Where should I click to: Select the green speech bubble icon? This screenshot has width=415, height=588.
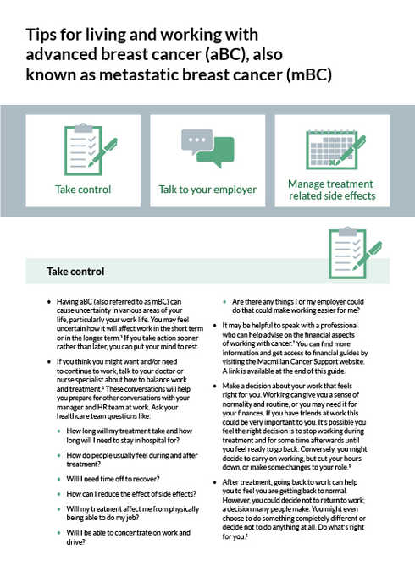point(216,152)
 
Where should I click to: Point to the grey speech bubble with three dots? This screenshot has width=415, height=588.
point(196,141)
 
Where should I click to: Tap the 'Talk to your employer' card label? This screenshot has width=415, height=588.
point(207,190)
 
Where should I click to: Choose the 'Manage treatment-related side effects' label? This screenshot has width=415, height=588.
point(332,190)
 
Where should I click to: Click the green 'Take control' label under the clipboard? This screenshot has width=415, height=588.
point(83,190)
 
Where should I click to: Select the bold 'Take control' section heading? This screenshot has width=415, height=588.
point(75,272)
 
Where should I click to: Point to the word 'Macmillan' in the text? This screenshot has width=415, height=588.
point(272,362)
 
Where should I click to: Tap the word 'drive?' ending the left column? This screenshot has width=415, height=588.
point(76,541)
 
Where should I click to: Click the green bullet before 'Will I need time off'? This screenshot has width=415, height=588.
point(59,479)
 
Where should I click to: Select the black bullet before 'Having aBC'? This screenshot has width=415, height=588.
point(49,302)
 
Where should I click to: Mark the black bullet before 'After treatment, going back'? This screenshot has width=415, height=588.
point(214,482)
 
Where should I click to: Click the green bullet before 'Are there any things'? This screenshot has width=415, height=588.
point(224,302)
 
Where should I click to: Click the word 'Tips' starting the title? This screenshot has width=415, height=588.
point(41,35)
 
